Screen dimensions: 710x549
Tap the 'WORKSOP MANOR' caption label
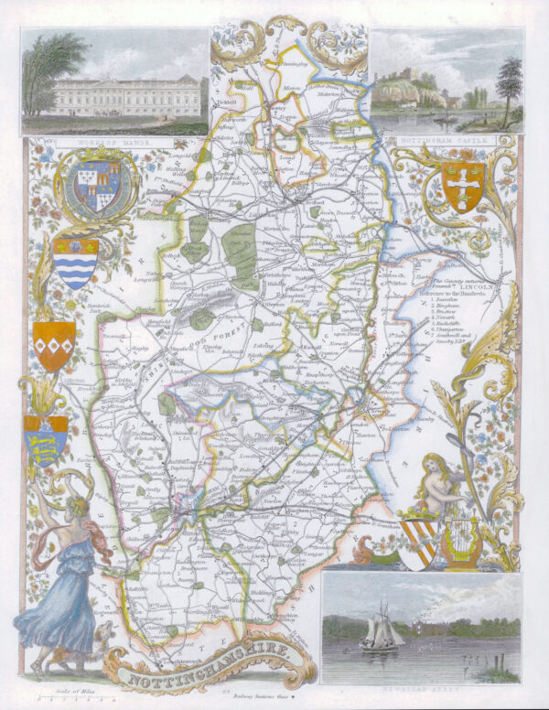click(88, 142)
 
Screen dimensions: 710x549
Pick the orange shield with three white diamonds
click(54, 345)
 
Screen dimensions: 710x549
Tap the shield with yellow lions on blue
click(45, 439)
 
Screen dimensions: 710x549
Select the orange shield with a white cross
click(463, 184)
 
